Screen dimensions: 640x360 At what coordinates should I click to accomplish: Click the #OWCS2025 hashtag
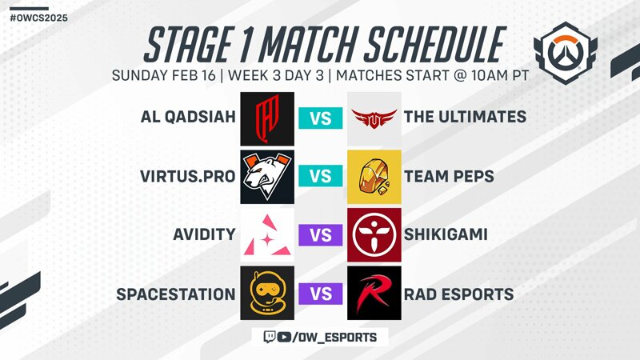pos(38,18)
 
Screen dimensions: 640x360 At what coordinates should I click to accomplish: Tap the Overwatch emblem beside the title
pos(566,52)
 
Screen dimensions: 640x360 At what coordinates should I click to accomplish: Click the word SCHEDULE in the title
pos(435,45)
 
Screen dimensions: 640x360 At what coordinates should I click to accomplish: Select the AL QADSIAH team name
pos(188,117)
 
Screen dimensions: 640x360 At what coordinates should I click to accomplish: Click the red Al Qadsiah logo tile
pos(267,118)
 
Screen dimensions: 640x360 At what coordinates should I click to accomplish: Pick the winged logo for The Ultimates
pos(374,118)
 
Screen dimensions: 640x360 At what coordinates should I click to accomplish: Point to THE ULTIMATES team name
pos(466,117)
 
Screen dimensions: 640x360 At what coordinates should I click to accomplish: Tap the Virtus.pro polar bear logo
pos(267,177)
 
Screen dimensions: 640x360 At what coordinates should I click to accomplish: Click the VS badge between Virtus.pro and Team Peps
pos(321,176)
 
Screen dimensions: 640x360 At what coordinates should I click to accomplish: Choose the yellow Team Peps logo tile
pos(374,177)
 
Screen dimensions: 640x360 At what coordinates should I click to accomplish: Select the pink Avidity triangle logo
pos(267,235)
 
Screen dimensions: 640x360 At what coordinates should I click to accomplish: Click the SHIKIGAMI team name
pos(446,234)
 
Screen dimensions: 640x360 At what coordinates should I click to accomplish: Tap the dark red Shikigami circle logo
pos(374,235)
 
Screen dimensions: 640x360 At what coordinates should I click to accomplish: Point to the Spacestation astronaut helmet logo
pos(267,293)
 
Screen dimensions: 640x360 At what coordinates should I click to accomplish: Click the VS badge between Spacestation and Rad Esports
pos(321,294)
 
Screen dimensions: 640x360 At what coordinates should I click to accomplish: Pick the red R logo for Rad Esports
pos(374,293)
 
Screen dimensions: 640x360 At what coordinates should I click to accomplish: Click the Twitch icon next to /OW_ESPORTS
pos(270,337)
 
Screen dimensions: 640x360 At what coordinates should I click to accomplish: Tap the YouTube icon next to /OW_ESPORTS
pos(284,337)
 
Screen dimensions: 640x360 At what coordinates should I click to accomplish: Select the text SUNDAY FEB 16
pos(164,75)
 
